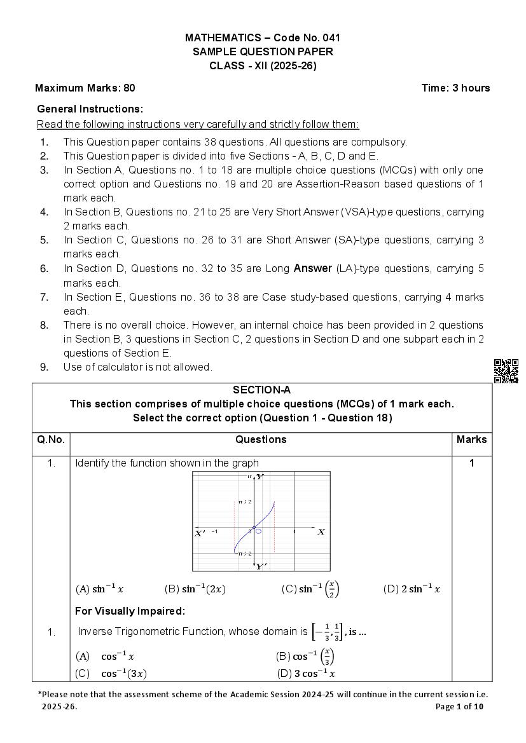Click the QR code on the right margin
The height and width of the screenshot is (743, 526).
pyautogui.click(x=506, y=371)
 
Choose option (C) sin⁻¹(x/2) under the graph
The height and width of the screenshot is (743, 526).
pyautogui.click(x=310, y=589)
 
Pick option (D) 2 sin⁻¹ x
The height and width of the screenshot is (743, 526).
pyautogui.click(x=412, y=589)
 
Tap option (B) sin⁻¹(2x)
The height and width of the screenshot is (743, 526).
pyautogui.click(x=195, y=589)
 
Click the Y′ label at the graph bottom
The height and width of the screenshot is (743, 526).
pyautogui.click(x=261, y=566)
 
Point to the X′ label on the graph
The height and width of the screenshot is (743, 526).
pyautogui.click(x=200, y=533)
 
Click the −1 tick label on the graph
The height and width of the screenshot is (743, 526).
pyautogui.click(x=214, y=531)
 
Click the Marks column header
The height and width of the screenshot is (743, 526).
pyautogui.click(x=471, y=439)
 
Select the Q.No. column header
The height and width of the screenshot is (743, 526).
pyautogui.click(x=51, y=439)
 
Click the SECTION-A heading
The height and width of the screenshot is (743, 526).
pyautogui.click(x=261, y=390)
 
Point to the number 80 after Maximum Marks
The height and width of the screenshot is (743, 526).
pyautogui.click(x=129, y=88)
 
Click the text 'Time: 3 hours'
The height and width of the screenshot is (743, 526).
pyautogui.click(x=455, y=88)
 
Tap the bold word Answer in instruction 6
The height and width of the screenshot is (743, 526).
pyautogui.click(x=312, y=268)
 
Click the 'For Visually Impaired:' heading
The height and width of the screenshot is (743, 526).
pyautogui.click(x=130, y=611)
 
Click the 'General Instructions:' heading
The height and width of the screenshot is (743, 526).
pyautogui.click(x=90, y=109)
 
